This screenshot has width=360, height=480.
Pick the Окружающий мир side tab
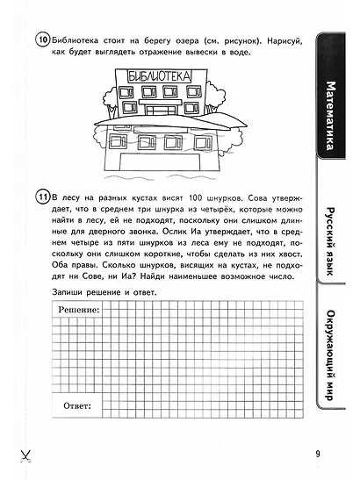tap(330, 368)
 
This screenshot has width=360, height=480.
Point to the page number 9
tap(317, 454)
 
